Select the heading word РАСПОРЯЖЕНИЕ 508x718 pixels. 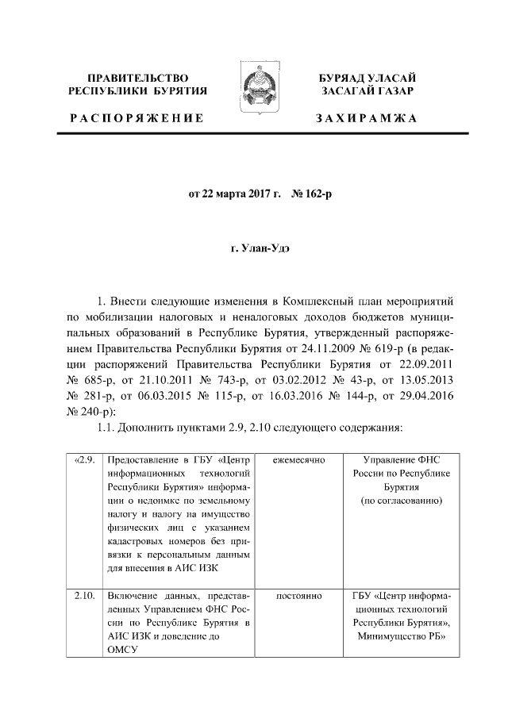[136, 118]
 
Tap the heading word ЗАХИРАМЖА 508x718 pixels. [366, 118]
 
